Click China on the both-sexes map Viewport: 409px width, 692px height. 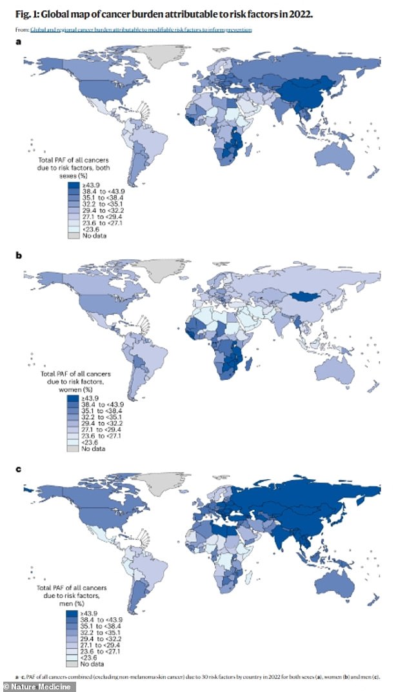310,97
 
